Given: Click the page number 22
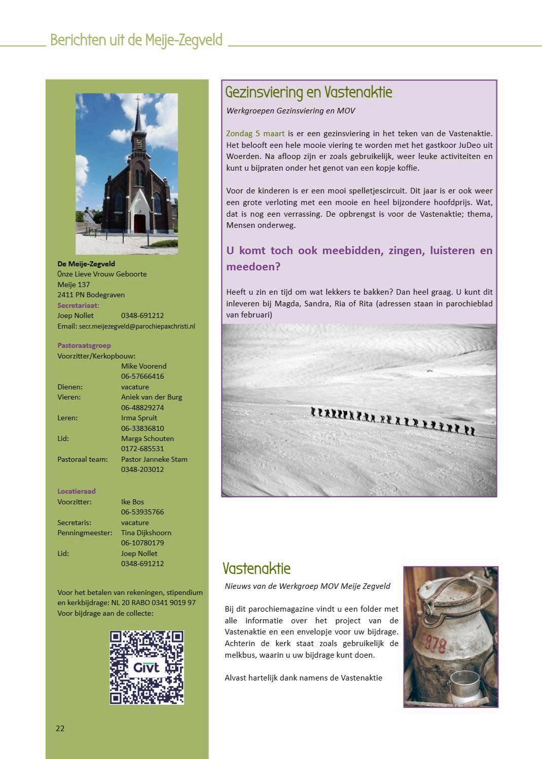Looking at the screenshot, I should [60, 728].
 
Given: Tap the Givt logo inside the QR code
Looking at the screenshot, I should [147, 667].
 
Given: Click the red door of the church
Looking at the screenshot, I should [139, 223].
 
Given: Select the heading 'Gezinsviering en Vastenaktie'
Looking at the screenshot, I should [308, 92].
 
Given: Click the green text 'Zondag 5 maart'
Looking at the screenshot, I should [255, 134].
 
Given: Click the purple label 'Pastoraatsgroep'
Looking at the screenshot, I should [84, 345].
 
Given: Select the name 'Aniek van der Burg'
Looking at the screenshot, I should [151, 397].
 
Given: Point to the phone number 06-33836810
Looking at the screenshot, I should [142, 428].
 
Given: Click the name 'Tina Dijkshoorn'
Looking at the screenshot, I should [146, 533].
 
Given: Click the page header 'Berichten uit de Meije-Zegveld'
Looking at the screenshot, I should [136, 40].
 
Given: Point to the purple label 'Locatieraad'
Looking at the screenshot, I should [76, 491].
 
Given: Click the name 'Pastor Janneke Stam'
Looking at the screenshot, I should [154, 459].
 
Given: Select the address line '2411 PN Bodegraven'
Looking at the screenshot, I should [91, 295].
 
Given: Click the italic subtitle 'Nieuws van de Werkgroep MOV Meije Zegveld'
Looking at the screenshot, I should [307, 586].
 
